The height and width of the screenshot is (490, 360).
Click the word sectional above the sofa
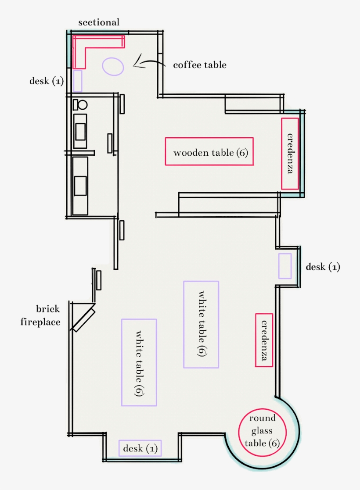[99, 22]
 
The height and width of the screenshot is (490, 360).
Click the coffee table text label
[200, 65]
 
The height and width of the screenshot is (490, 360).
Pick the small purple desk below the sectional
[78, 81]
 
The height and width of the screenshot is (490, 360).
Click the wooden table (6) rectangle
[209, 151]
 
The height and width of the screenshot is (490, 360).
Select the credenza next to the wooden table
[290, 153]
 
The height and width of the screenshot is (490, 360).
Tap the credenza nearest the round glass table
[264, 340]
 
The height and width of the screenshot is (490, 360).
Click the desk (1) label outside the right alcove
[323, 267]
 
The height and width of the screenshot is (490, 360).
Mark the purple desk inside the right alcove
[285, 266]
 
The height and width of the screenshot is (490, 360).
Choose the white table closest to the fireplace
[139, 362]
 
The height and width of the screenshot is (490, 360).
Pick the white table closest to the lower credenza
[201, 324]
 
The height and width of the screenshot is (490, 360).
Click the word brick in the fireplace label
[48, 309]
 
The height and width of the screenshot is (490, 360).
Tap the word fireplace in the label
[40, 322]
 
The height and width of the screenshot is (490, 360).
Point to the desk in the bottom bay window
[140, 448]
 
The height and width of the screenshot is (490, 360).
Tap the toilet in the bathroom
[80, 105]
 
